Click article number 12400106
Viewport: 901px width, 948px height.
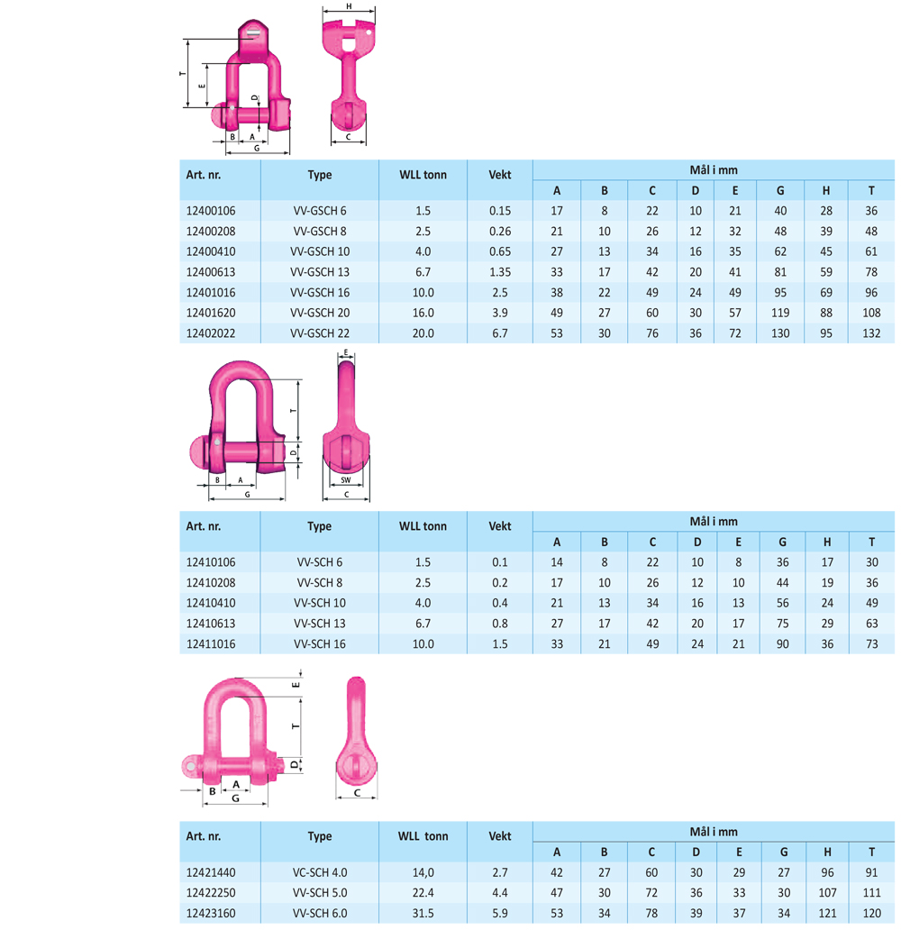pos(211,211)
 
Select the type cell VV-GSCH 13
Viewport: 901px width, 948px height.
pos(319,272)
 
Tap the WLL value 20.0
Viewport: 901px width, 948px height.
pos(423,333)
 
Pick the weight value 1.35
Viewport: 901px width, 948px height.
pos(499,272)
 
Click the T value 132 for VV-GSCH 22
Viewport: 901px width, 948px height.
pos(870,333)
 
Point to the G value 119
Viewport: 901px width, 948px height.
pos(780,313)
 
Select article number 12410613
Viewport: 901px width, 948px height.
pos(211,624)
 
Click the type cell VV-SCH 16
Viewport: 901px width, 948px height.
pos(319,644)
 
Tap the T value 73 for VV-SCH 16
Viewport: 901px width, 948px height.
pos(871,644)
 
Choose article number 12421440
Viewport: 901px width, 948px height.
pos(211,872)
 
